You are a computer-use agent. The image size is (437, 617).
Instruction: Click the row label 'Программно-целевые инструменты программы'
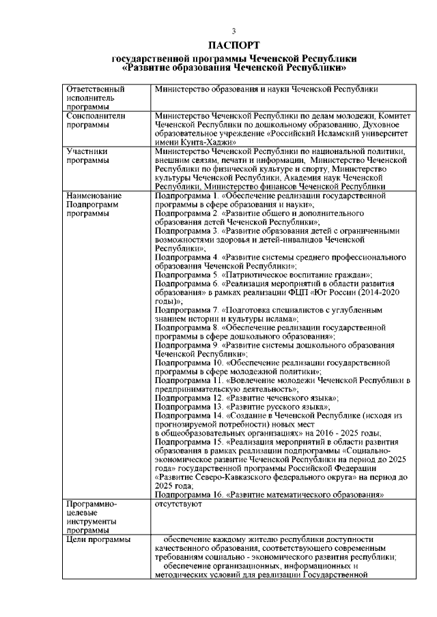(92, 517)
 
